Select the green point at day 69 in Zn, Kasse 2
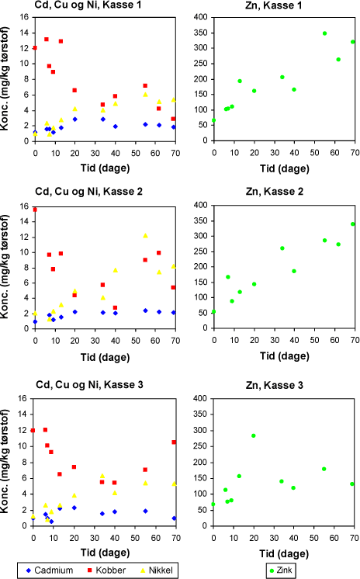[352, 224]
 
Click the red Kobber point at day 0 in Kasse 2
[35, 210]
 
